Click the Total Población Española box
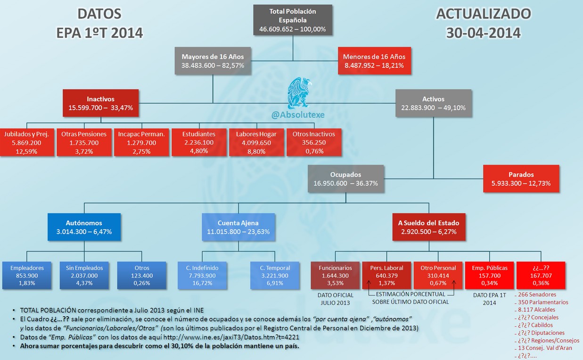point(293,20)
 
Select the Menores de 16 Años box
point(375,61)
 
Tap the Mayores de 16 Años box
point(213,61)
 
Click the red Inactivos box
point(101,103)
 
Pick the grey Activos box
point(433,103)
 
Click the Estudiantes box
point(198,142)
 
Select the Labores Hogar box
point(256,142)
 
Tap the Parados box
point(521,179)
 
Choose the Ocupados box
point(345,179)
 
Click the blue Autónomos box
point(84,227)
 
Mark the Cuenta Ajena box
point(238,227)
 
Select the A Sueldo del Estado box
point(428,227)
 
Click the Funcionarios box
point(335,275)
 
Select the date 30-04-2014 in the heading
point(484,33)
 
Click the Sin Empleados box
point(84,275)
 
